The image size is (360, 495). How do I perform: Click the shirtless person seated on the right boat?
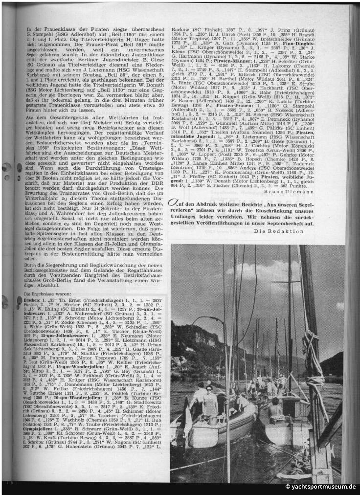tap(276, 406)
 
